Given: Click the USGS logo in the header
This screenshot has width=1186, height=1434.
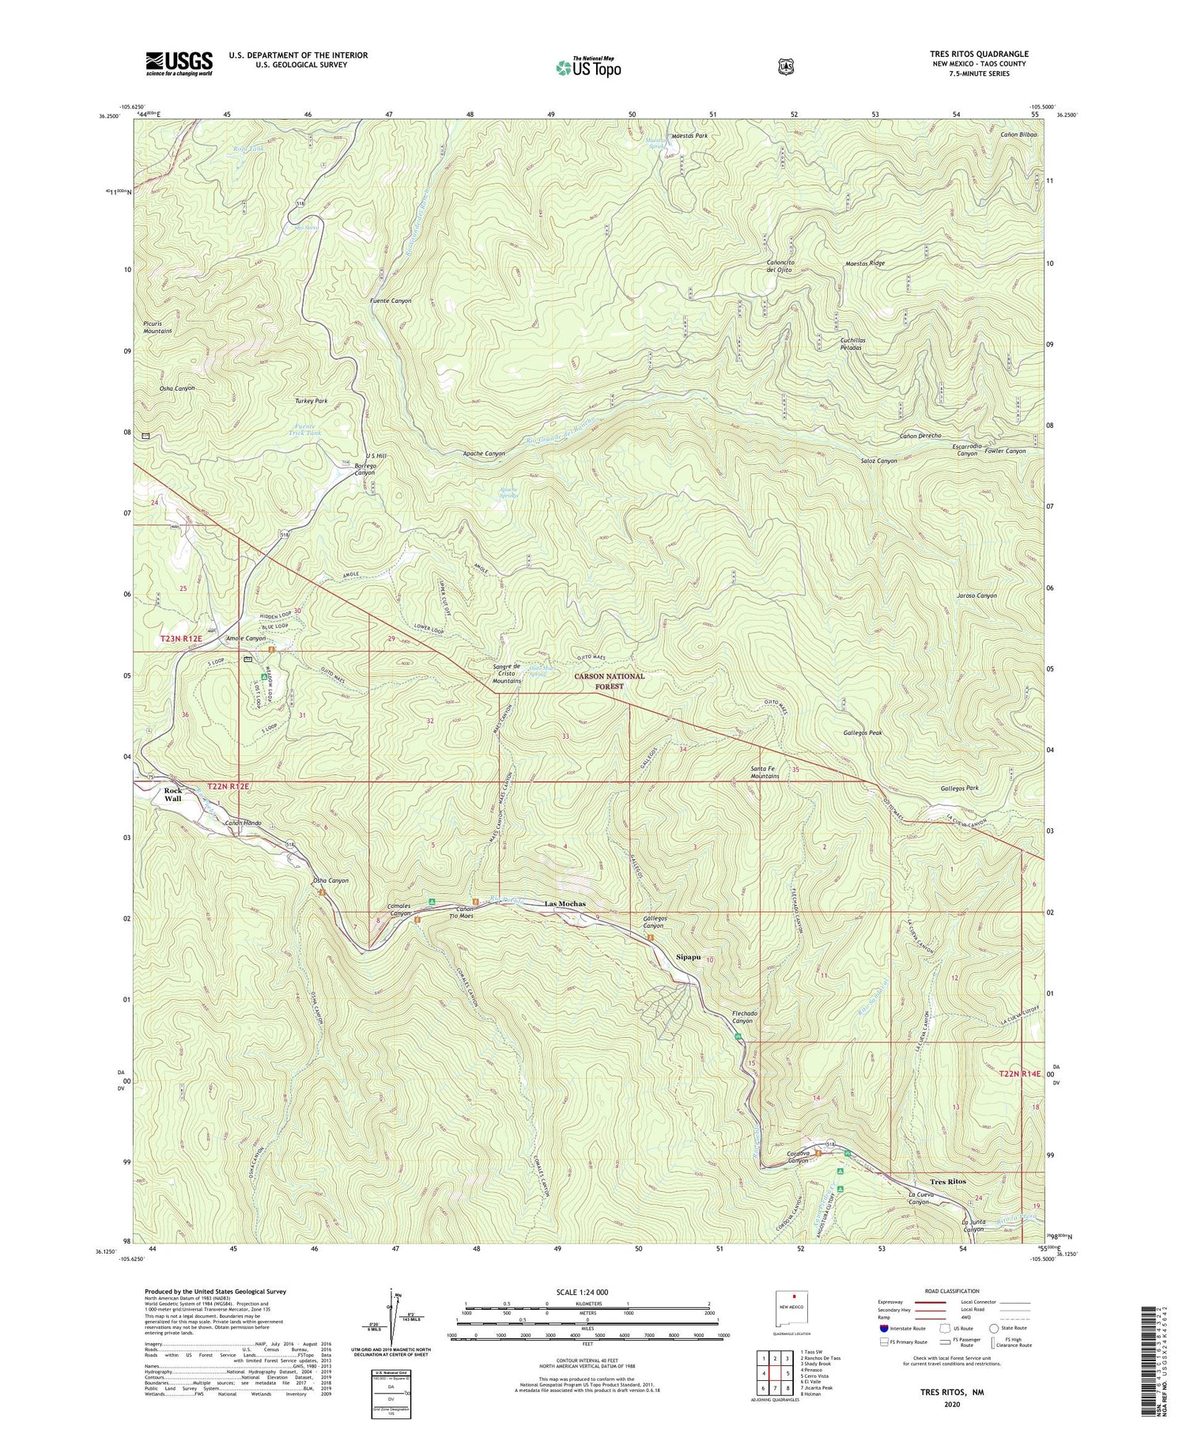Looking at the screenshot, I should (179, 62).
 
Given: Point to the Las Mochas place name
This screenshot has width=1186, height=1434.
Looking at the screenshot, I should (566, 903).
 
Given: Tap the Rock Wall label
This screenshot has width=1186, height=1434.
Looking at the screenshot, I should (173, 794).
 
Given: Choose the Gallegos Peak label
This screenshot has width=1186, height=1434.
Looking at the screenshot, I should (863, 732).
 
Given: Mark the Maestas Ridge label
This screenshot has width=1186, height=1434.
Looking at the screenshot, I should (864, 263).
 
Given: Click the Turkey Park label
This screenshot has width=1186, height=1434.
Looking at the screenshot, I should (311, 401).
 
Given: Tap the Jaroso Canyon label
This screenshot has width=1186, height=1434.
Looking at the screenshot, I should (976, 596).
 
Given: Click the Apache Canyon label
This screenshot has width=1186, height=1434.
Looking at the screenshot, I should (484, 454).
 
